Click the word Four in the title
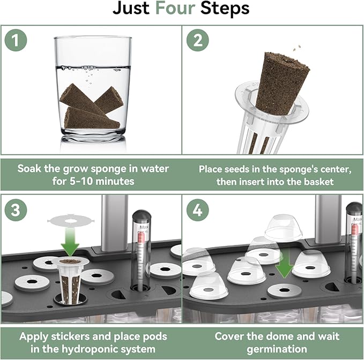(175, 9)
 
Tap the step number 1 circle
(16, 40)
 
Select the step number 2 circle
(198, 40)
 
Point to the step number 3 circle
(16, 210)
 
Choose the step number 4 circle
(198, 210)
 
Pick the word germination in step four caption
(277, 349)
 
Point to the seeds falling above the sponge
(297, 48)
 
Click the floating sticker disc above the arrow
(71, 220)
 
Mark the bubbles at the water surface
(90, 69)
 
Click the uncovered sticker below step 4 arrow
(284, 290)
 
